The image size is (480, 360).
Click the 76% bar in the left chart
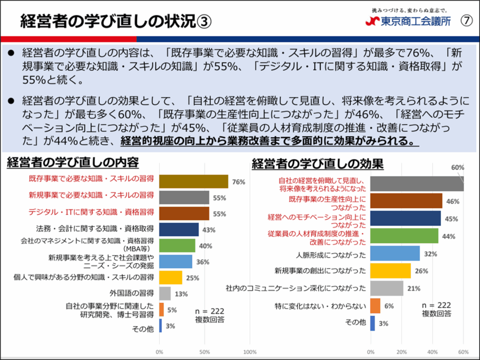point(194,181)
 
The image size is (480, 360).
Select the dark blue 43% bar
point(179,229)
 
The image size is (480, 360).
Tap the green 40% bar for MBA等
point(177,245)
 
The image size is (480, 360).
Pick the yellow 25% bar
point(171,277)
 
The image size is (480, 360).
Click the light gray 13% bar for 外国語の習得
point(165,293)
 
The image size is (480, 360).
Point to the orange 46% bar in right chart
point(406,201)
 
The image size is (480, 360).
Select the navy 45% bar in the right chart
point(405,218)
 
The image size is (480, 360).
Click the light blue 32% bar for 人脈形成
point(395,254)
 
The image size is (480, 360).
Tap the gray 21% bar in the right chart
point(387,288)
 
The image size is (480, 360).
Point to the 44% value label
point(449,236)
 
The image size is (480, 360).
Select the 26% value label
point(420,271)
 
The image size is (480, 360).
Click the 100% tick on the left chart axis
point(250,352)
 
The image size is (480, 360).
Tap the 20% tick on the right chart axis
point(401,352)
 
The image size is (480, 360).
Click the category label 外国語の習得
point(132,293)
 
